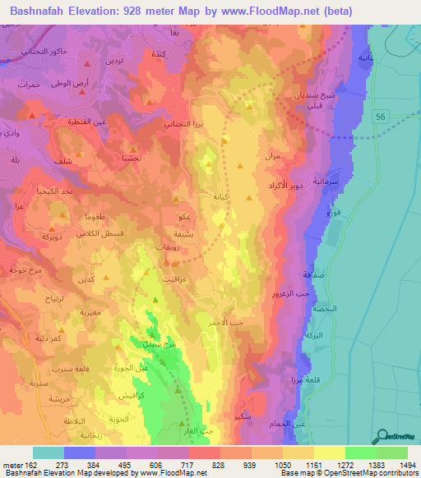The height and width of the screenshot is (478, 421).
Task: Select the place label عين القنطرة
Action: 102,122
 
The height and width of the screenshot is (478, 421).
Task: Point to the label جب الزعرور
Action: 292,292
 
